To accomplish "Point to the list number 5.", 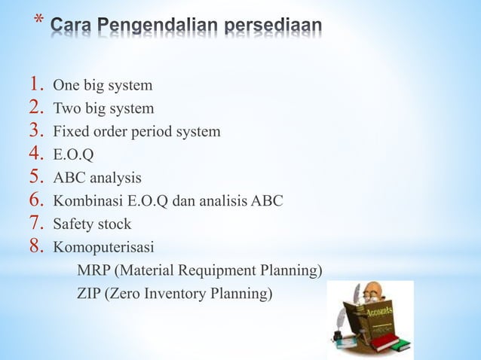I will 38,178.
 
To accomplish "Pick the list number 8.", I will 38,246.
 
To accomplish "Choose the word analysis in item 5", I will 118,179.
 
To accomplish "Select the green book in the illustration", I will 397,346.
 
